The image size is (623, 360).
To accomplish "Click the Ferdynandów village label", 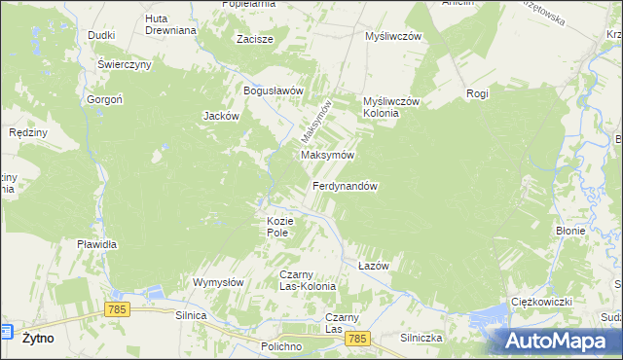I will pos(345,185).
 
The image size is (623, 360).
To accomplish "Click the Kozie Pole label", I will pos(278,227).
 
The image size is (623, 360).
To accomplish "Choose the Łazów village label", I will pos(374,266).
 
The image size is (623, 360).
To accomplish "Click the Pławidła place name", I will pos(97,244).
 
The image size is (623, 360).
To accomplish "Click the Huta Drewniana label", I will pos(170,24).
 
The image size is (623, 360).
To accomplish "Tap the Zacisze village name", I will pos(255,40).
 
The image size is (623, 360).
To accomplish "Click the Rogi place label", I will pos(477,93).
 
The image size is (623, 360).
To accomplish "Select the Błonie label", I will pos(569,231).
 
